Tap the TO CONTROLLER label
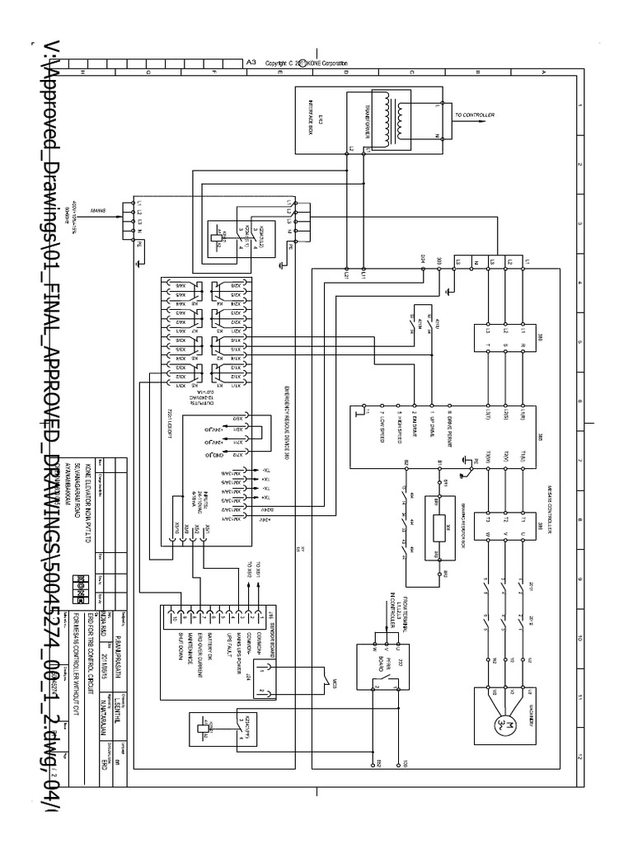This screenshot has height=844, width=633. (x=474, y=115)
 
